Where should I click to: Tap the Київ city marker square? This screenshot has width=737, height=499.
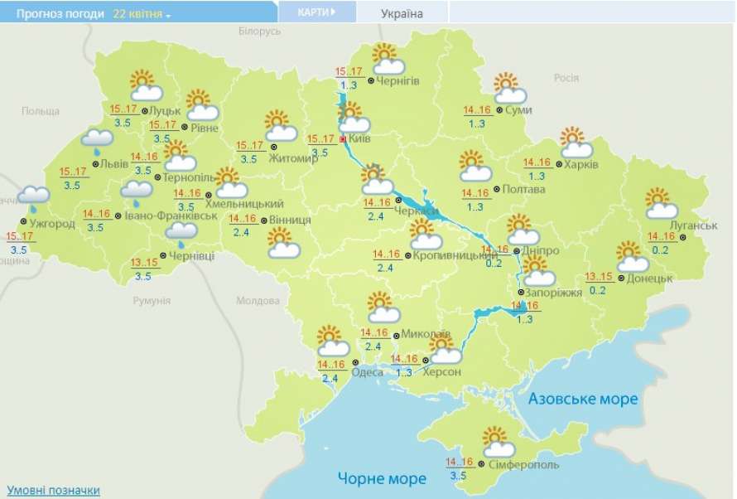click(344, 140)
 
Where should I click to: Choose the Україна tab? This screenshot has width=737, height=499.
click(402, 13)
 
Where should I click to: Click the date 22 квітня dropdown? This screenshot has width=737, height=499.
click(142, 14)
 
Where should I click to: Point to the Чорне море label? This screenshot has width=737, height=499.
click(382, 478)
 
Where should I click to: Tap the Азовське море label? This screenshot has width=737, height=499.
click(584, 399)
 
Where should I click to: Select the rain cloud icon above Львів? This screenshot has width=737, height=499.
click(98, 141)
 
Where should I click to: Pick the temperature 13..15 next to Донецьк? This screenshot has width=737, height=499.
click(598, 277)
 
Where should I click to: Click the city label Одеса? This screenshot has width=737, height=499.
click(367, 372)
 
